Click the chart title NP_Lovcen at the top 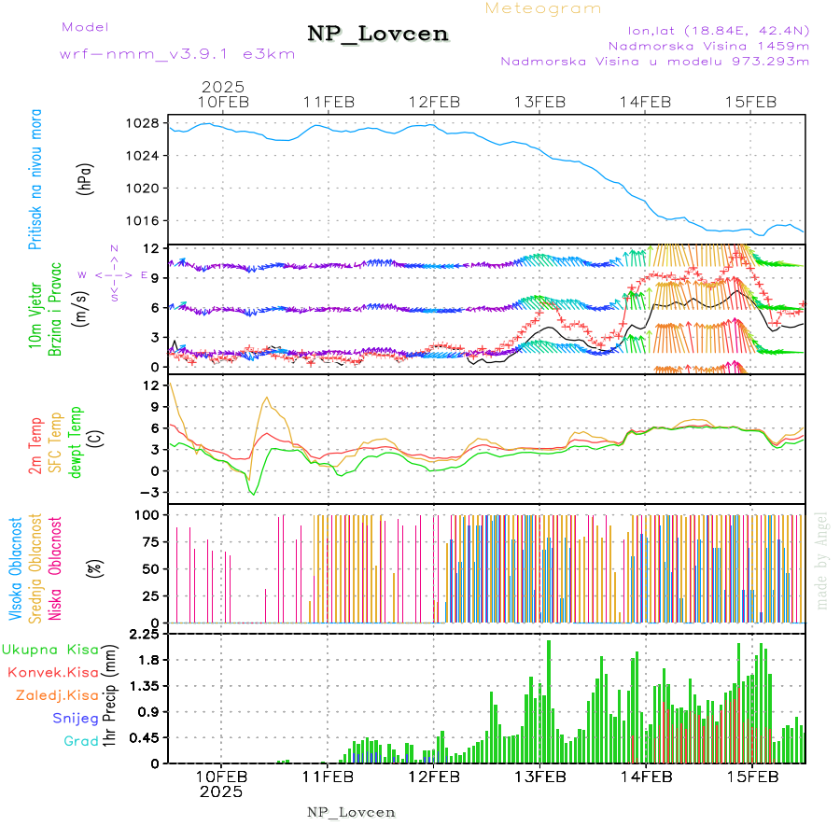click(378, 34)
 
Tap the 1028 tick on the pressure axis click(144, 123)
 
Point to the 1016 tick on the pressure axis click(144, 220)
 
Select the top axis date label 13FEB click(541, 102)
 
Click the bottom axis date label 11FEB click(328, 776)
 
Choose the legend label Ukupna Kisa click(50, 649)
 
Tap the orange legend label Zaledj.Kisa click(57, 695)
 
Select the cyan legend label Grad click(81, 741)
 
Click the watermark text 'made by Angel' click(822, 560)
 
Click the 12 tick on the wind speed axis click(148, 248)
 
